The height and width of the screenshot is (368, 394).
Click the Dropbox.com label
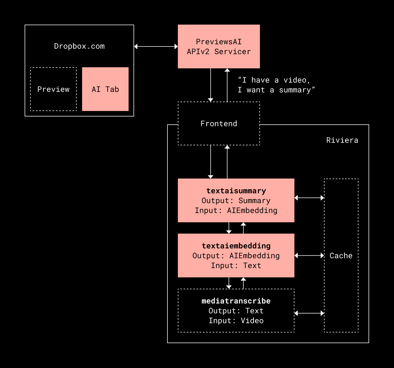(x=79, y=46)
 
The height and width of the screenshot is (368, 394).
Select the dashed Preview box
(x=53, y=89)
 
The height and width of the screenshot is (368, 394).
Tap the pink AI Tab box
(x=105, y=89)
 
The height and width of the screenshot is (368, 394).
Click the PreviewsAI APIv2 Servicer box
(x=219, y=46)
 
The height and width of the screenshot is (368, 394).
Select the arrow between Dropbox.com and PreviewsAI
(x=156, y=46)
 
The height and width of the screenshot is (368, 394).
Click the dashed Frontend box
(x=219, y=124)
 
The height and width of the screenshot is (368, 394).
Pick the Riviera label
(x=342, y=140)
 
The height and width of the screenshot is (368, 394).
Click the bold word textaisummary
(x=236, y=191)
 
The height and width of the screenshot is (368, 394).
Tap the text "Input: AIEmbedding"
(x=236, y=211)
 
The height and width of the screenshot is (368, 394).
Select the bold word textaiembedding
(x=236, y=246)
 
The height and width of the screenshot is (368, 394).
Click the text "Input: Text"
(x=236, y=265)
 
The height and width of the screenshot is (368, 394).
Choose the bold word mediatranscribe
(x=236, y=301)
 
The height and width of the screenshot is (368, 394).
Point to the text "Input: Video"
(x=236, y=321)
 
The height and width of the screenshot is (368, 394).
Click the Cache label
(x=341, y=256)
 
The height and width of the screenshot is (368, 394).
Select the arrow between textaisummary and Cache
(x=309, y=198)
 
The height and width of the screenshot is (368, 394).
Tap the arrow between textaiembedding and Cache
(x=309, y=256)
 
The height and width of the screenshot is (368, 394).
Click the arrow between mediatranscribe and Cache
(x=309, y=313)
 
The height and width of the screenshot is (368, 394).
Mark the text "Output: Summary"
(x=236, y=201)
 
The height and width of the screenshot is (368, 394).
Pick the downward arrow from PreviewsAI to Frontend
(x=210, y=85)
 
